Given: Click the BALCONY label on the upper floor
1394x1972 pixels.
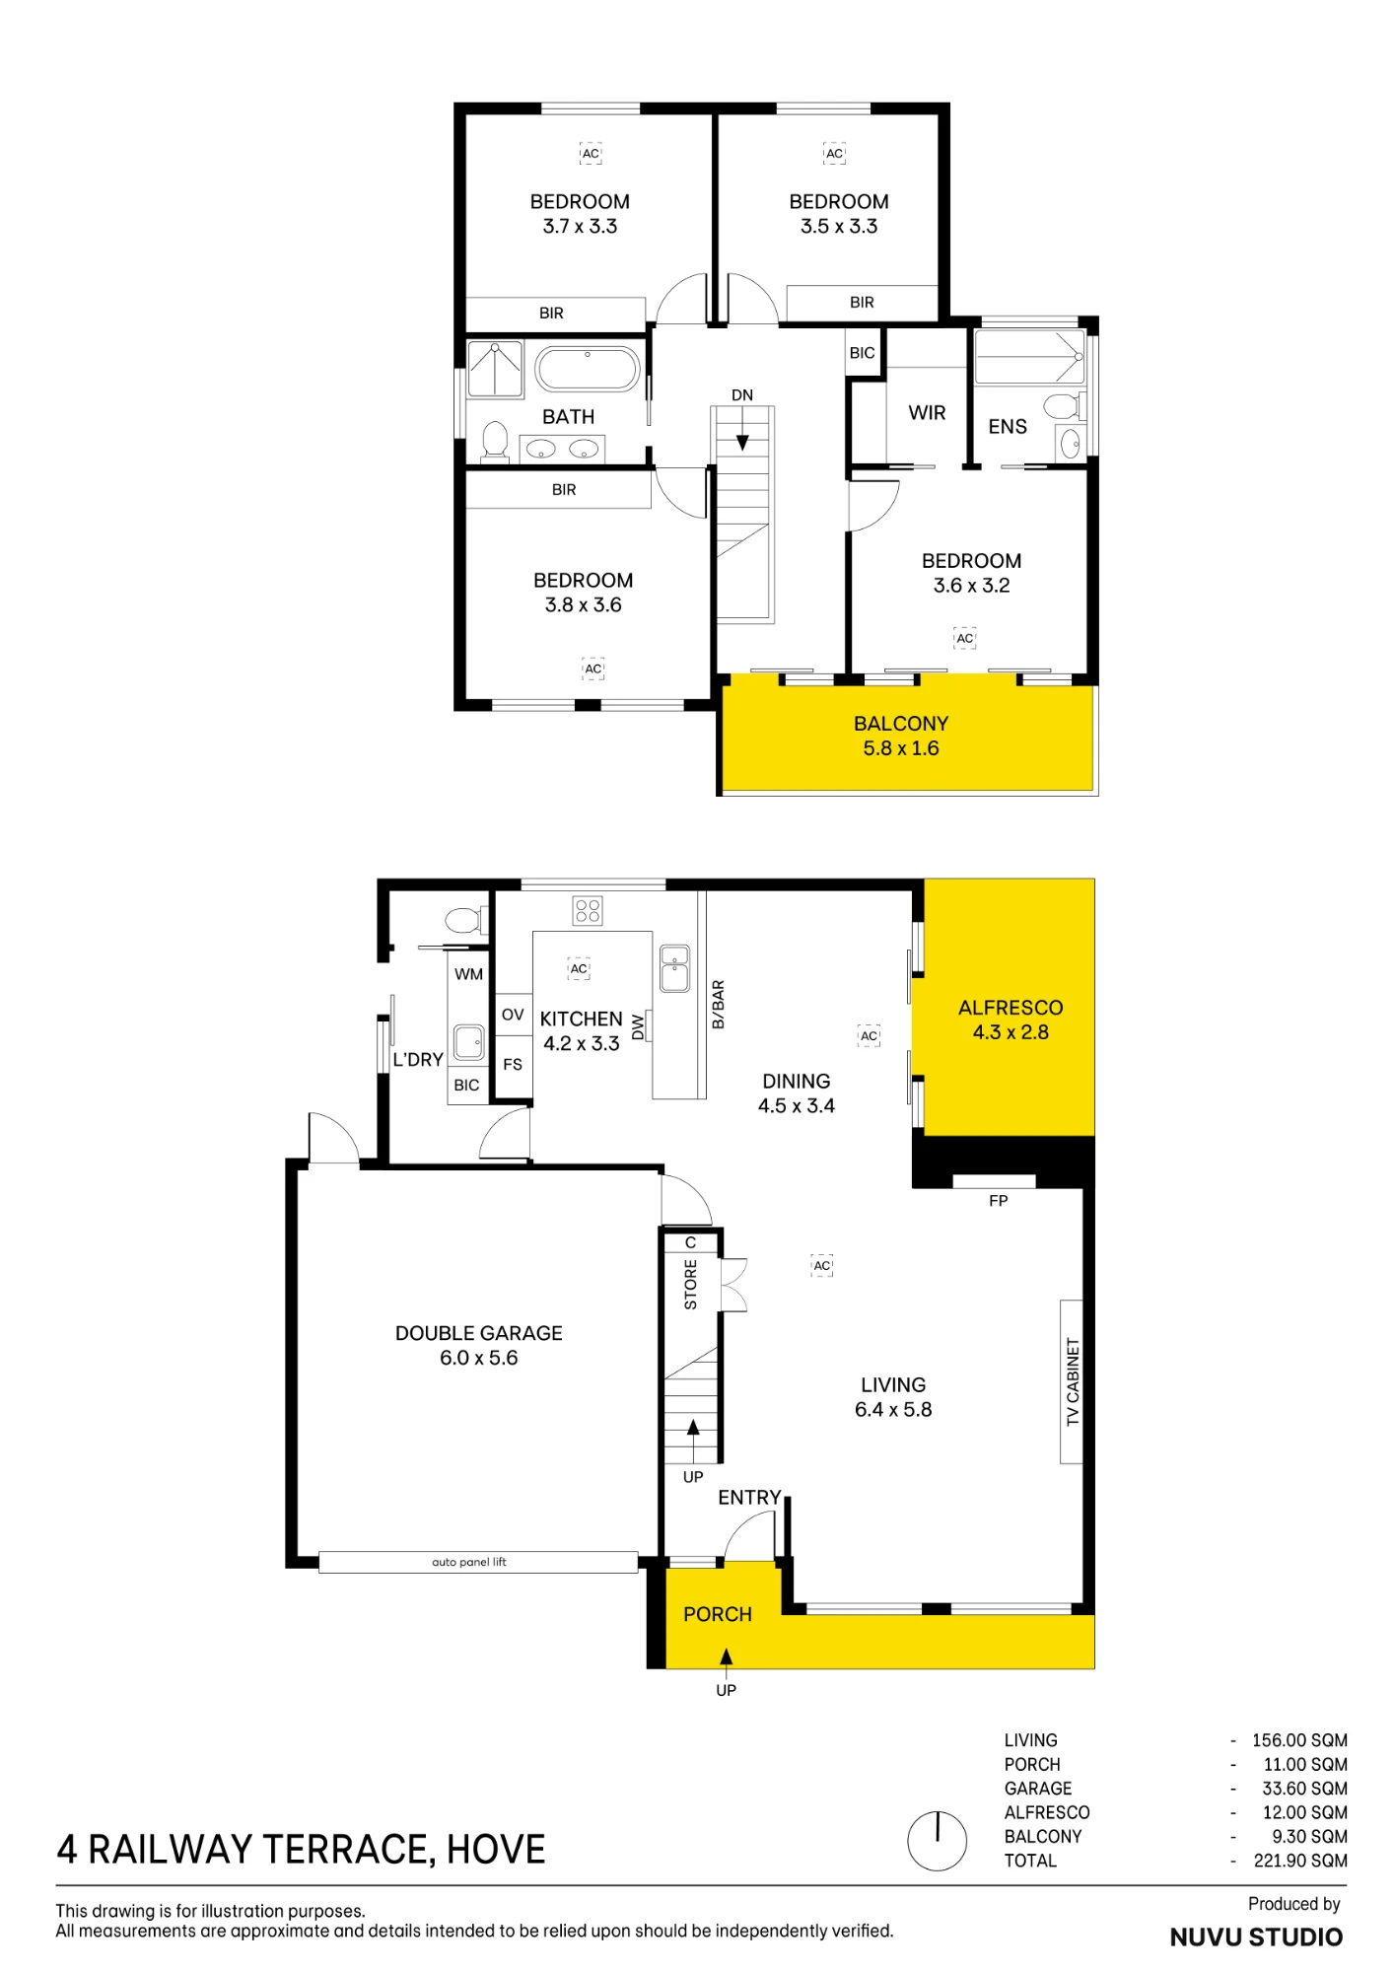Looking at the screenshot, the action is click(901, 724).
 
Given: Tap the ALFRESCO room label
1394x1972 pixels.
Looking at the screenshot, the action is click(1011, 1008).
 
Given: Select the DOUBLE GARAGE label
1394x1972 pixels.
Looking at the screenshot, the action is click(479, 1333).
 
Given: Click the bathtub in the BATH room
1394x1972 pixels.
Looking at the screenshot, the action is click(588, 370).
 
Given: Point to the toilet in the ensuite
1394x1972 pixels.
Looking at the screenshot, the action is click(1065, 405).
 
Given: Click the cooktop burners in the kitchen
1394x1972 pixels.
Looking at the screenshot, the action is click(588, 910).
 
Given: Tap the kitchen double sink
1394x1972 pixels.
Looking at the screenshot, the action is click(674, 968).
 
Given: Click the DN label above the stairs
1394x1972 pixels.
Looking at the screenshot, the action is click(742, 395).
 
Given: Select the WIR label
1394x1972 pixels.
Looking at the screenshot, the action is click(927, 413).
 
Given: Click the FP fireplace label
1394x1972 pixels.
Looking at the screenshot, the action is click(999, 1201).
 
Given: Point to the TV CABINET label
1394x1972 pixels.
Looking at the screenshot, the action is click(1073, 1381).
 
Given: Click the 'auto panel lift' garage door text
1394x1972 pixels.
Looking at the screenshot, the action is click(469, 1562).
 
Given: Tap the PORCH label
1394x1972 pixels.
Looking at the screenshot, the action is click(718, 1614).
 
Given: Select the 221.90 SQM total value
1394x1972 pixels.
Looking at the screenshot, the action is click(1300, 1861).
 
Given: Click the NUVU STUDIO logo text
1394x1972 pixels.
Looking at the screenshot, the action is click(1256, 1937).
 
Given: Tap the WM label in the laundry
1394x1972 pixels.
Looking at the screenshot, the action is click(468, 974).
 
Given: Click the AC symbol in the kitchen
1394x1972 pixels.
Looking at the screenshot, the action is click(579, 969).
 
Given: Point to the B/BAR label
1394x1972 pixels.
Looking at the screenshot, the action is click(719, 1005).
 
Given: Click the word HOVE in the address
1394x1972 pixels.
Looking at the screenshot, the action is click(496, 1850).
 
